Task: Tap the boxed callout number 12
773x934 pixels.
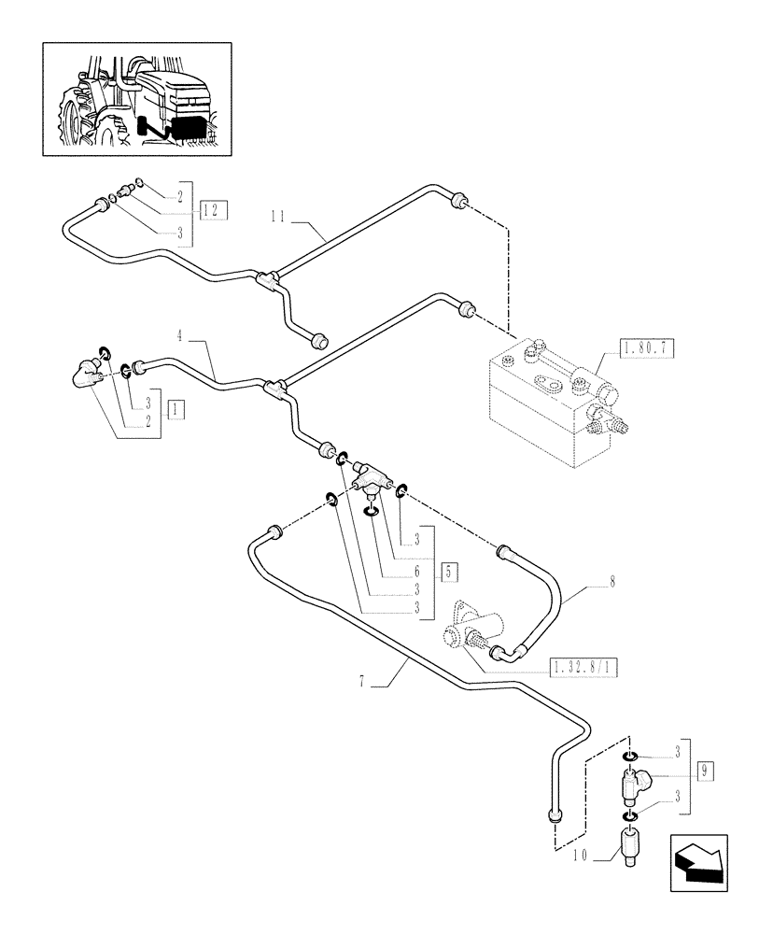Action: pos(213,209)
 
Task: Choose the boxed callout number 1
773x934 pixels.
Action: pos(176,408)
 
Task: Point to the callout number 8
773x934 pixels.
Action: pos(612,580)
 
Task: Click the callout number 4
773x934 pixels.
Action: pos(180,331)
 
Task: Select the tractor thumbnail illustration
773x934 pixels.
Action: pos(136,99)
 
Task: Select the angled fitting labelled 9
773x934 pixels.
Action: pos(634,781)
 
